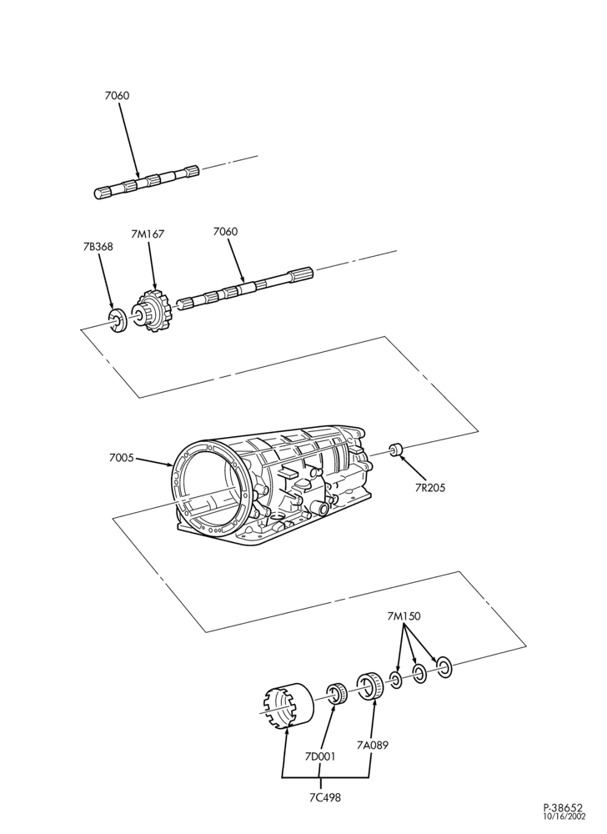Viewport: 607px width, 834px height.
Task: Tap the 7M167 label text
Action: pyautogui.click(x=148, y=234)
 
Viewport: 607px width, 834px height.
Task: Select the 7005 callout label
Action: pyautogui.click(x=121, y=457)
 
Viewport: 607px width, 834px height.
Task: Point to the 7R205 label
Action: pyautogui.click(x=429, y=487)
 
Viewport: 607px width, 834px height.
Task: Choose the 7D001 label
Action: pyautogui.click(x=320, y=756)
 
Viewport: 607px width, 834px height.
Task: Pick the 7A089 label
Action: pyautogui.click(x=373, y=745)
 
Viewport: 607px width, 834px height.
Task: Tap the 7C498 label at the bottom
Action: pyautogui.click(x=324, y=797)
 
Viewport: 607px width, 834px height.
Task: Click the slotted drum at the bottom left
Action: pyautogui.click(x=288, y=705)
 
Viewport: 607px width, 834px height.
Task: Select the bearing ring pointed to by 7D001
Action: pyautogui.click(x=337, y=692)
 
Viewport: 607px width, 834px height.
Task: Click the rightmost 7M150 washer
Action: pyautogui.click(x=444, y=667)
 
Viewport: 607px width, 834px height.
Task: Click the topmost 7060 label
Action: pyautogui.click(x=117, y=96)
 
